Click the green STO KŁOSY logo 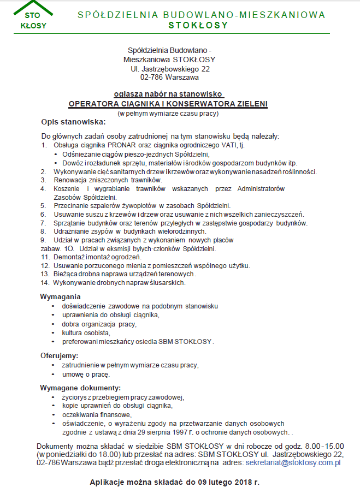tap(33, 16)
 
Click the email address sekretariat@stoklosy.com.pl tap(293, 462)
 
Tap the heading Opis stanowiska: tap(73, 122)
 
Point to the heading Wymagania tap(61, 296)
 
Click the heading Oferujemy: tap(60, 355)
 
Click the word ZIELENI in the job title tap(249, 103)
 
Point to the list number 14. tap(45, 283)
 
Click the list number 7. tap(43, 223)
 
